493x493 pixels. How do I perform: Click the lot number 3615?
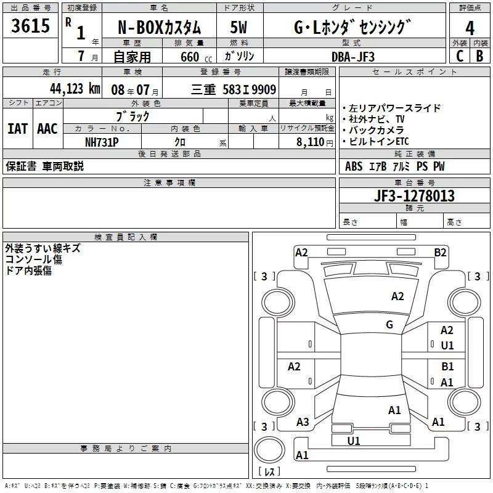(30, 26)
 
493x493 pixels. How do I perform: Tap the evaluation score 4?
(470, 28)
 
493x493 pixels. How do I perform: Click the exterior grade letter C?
(459, 55)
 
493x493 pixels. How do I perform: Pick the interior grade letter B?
(479, 55)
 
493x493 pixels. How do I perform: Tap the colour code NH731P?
(102, 141)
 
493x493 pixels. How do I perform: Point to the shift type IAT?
(17, 128)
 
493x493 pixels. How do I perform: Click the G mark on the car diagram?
(389, 325)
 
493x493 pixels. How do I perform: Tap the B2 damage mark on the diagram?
(440, 252)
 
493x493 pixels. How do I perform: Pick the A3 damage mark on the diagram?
(303, 422)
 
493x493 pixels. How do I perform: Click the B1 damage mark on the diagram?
(447, 366)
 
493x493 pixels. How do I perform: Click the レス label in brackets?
(269, 472)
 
